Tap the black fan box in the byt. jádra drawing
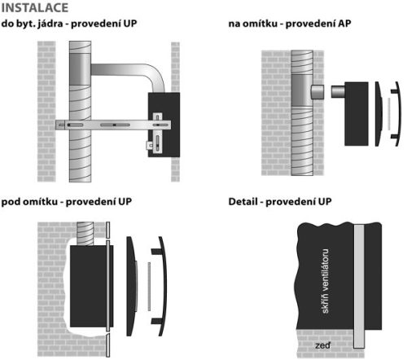pyautogui.click(x=159, y=122)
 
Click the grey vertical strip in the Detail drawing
pyautogui.click(x=358, y=285)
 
